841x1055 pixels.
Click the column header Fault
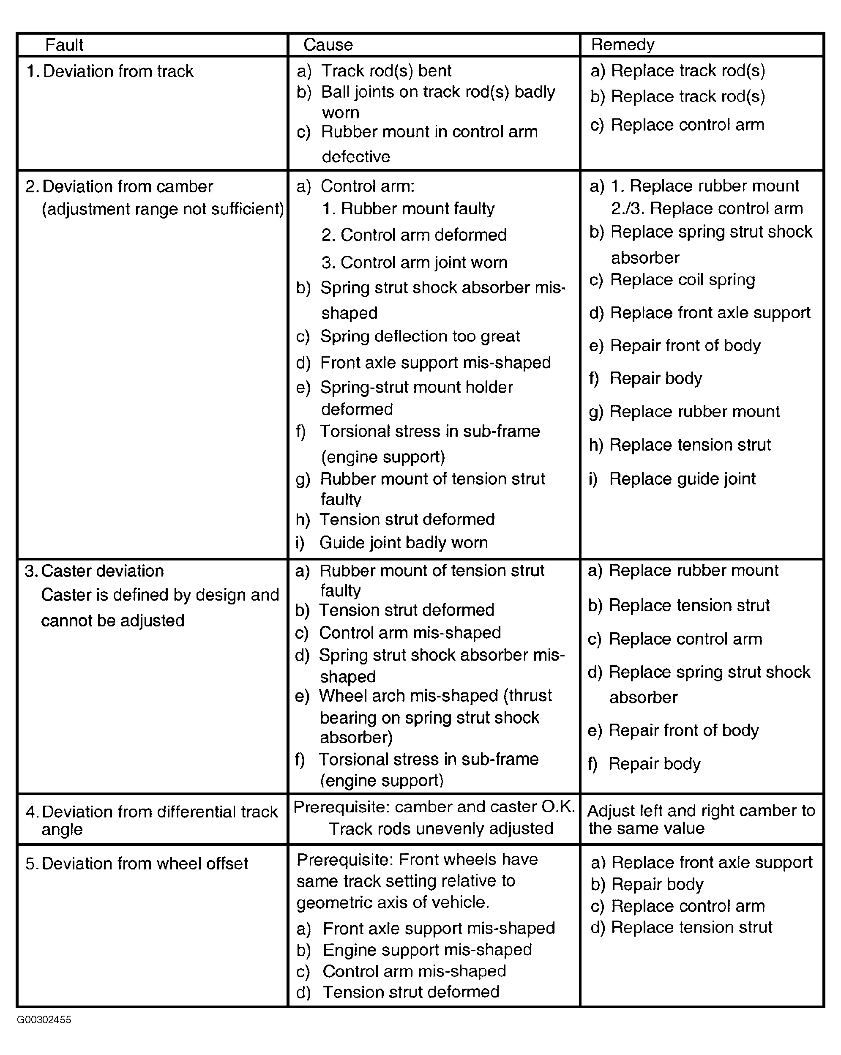coord(64,45)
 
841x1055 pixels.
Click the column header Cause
coord(328,45)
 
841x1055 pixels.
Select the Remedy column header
coord(623,45)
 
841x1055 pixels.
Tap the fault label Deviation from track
coord(118,71)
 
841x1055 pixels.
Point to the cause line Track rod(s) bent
coord(386,71)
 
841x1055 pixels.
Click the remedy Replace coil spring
coord(683,280)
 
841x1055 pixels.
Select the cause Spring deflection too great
coord(420,336)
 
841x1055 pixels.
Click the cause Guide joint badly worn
coord(403,543)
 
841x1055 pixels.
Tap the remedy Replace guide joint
coord(682,478)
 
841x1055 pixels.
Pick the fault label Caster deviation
coord(102,571)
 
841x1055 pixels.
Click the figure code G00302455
coord(44,1020)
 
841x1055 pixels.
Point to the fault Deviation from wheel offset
coord(145,864)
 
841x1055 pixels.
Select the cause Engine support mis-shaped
coord(426,950)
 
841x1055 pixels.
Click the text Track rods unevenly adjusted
coord(441,828)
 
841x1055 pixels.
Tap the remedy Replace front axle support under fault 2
coord(710,313)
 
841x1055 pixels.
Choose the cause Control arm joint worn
coord(424,263)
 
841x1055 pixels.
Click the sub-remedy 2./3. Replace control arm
coord(707,209)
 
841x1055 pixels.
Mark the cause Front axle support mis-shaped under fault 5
coord(438,928)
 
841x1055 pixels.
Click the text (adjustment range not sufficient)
coord(162,209)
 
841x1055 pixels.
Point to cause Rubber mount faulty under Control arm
coord(417,209)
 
